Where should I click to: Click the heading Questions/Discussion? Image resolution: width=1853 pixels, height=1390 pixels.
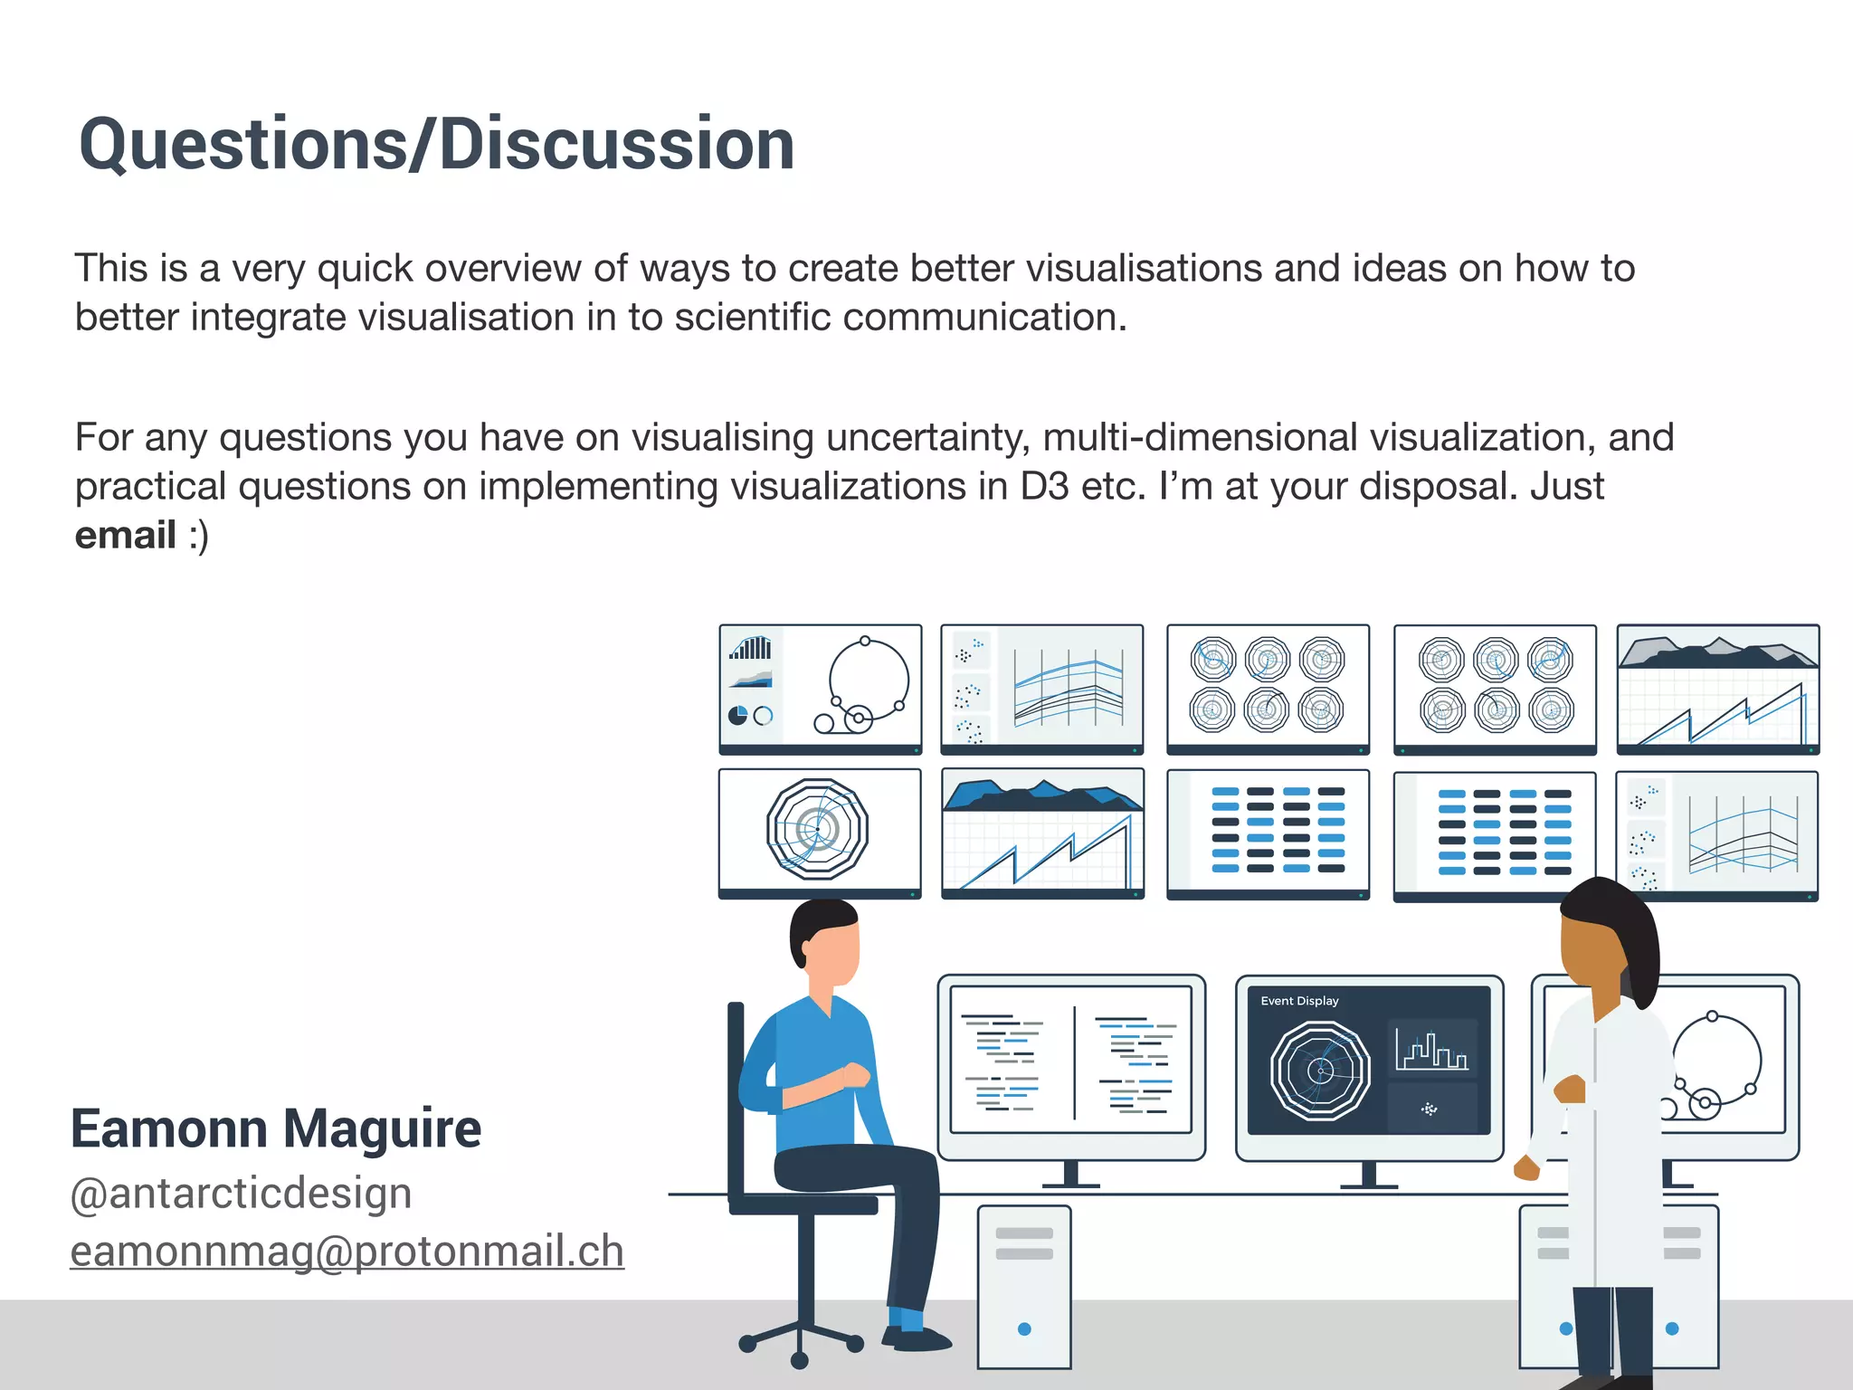[x=436, y=145]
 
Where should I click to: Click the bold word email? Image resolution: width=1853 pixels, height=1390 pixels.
[x=125, y=535]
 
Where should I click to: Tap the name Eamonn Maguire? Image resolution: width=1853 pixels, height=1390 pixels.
[x=276, y=1128]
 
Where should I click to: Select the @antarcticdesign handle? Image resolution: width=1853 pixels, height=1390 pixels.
[x=242, y=1193]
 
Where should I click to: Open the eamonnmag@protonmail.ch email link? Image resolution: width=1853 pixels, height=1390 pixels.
[x=347, y=1252]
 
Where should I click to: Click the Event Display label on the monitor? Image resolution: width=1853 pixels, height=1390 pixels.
[x=1299, y=1001]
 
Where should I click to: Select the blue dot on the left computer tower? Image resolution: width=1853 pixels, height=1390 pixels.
[x=1024, y=1329]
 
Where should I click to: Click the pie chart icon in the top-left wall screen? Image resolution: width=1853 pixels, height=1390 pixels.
[x=738, y=716]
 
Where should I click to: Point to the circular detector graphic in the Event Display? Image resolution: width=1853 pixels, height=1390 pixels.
[x=1320, y=1071]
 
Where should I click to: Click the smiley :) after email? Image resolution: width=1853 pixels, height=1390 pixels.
[x=199, y=535]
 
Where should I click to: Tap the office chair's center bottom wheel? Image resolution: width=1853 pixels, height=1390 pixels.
[x=799, y=1360]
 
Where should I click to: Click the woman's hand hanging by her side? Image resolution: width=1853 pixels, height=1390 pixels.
[x=1527, y=1168]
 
